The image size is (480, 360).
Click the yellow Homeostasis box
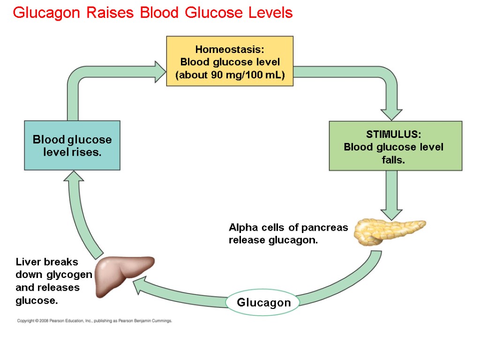click(230, 61)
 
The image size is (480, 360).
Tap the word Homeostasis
click(230, 50)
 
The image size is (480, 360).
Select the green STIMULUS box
click(395, 146)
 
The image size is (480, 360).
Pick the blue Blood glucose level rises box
click(72, 145)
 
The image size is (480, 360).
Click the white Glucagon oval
click(263, 303)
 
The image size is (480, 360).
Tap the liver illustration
click(123, 274)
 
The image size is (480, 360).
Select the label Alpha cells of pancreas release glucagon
click(288, 234)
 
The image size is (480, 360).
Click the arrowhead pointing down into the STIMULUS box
click(391, 114)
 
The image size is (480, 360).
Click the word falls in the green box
click(393, 160)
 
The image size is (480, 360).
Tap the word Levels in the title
click(271, 13)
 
